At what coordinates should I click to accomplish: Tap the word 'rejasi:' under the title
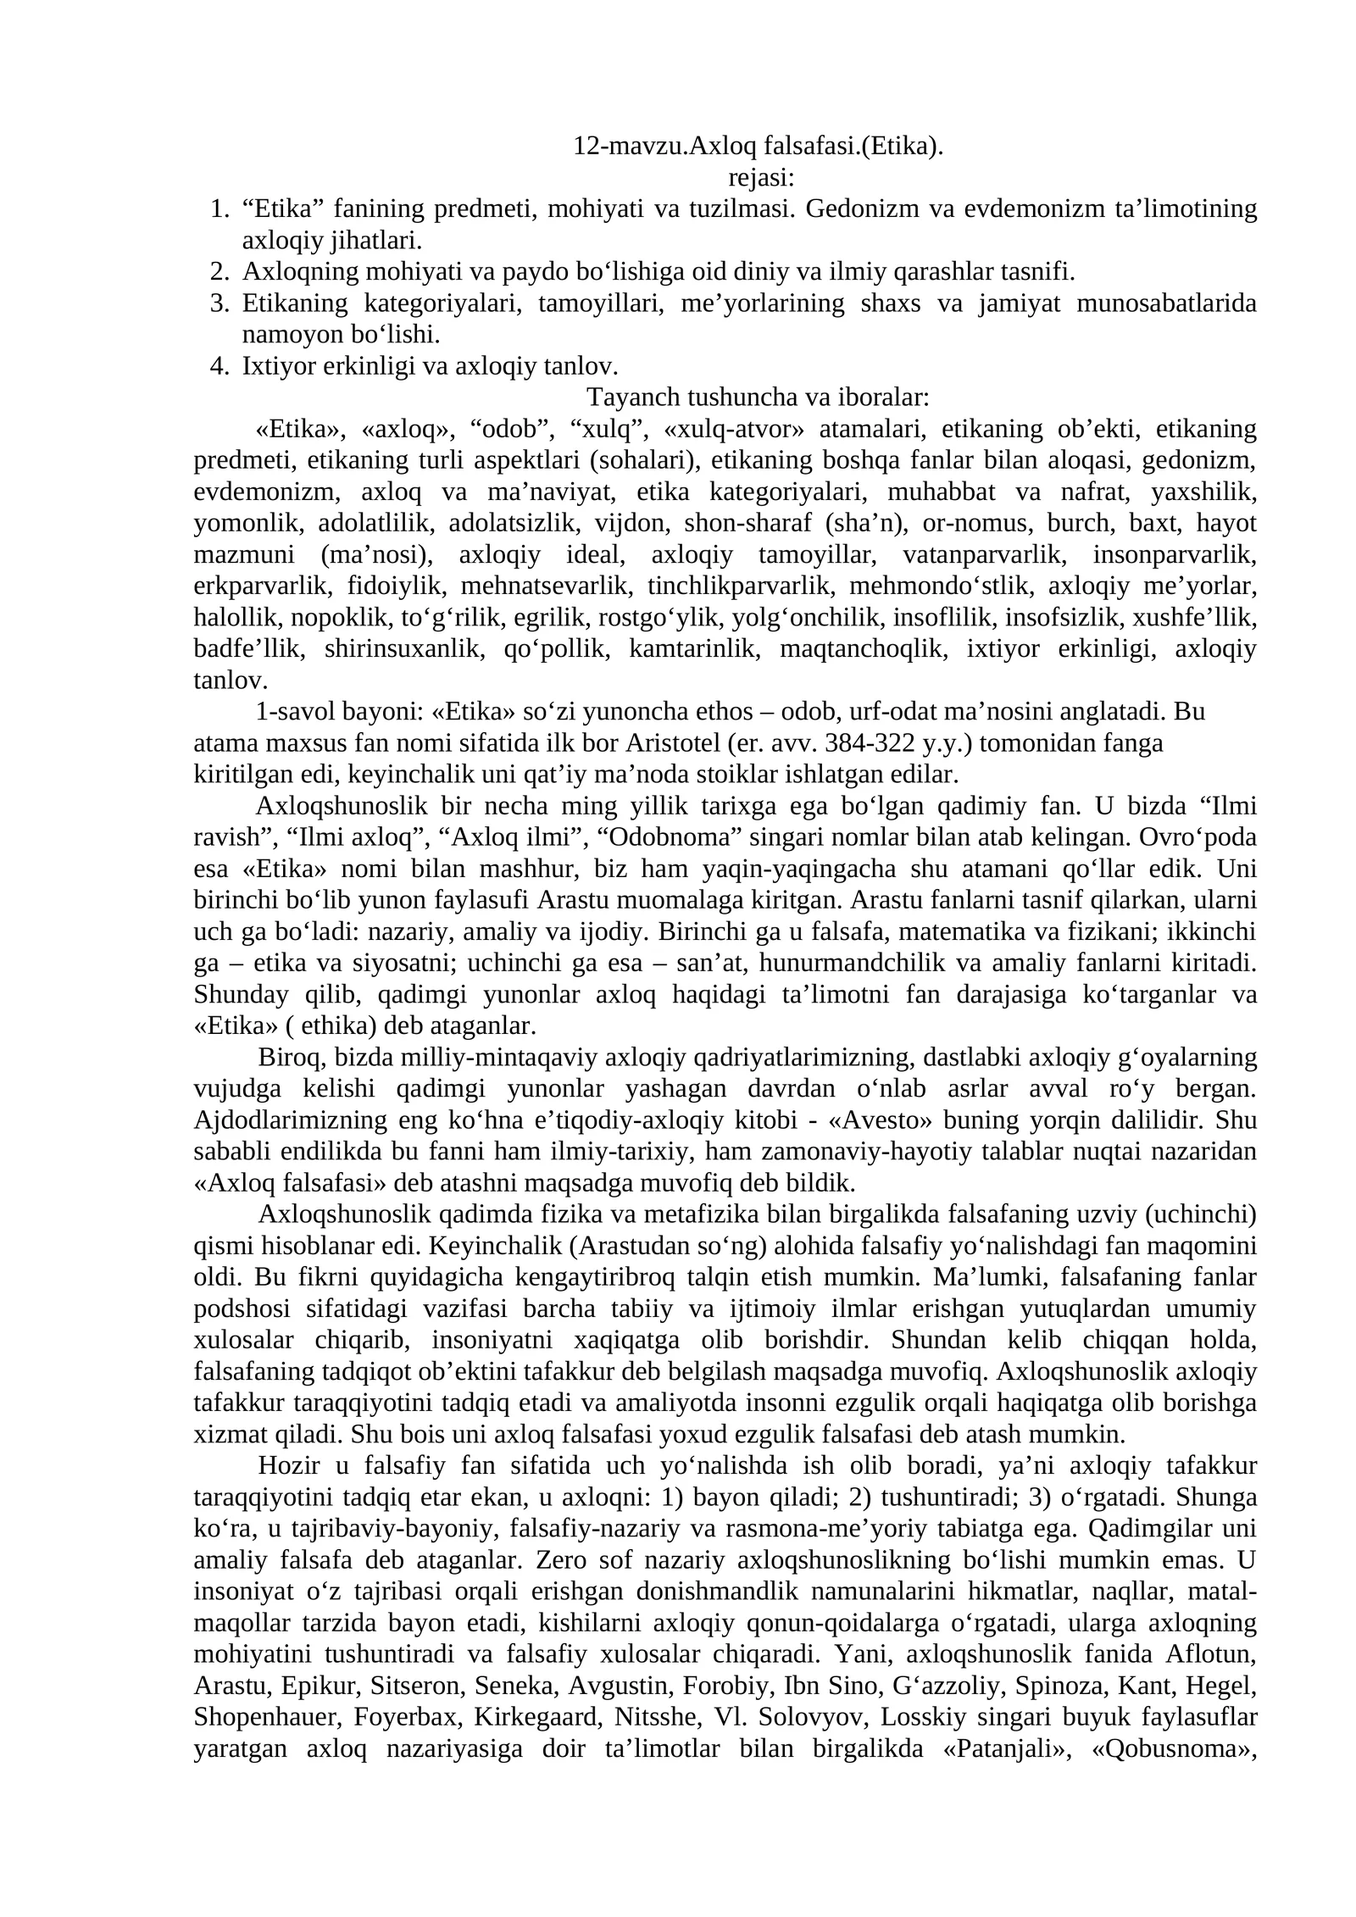(761, 178)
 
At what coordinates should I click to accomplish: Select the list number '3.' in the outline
(219, 303)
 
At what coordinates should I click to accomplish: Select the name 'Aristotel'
(674, 743)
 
